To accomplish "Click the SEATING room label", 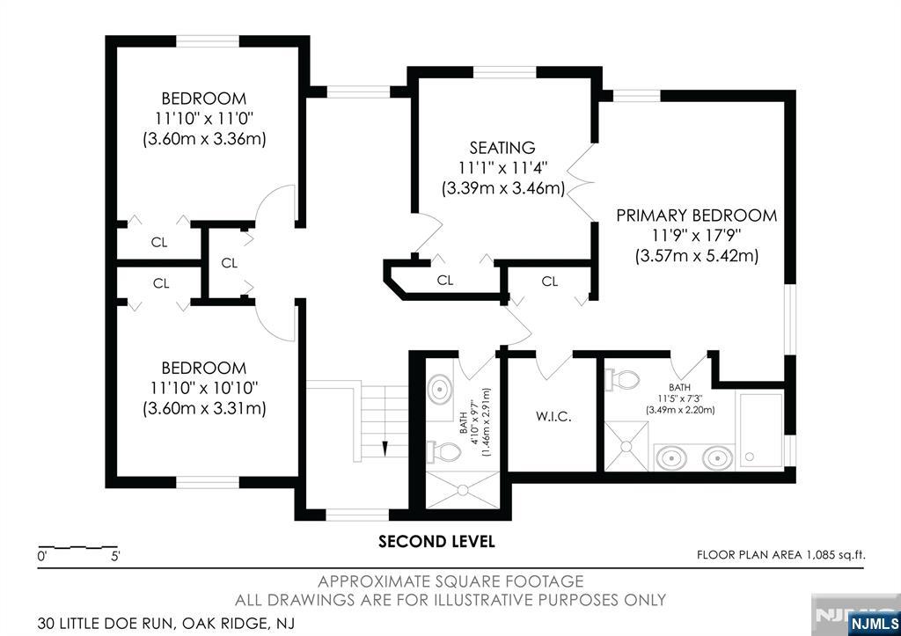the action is point(502,148).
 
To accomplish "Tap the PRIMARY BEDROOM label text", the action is point(697,216).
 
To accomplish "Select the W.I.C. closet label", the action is point(553,417).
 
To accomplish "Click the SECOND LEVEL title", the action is point(436,541).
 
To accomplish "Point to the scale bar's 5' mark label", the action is point(115,556).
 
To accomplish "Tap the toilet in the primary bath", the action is point(622,379).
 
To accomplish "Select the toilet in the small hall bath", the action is point(443,451).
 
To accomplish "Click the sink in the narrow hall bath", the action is point(440,390).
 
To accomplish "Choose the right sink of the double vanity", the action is point(716,458).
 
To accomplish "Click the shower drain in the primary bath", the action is point(626,446).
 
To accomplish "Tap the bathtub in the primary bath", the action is point(761,428).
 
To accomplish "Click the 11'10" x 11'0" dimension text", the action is point(204,119).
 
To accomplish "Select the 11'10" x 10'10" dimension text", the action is point(204,389).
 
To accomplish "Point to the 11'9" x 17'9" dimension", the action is point(697,236).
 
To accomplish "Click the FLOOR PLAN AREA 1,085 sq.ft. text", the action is point(781,555).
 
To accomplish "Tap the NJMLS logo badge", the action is point(874,624).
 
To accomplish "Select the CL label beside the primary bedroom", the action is point(550,281).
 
